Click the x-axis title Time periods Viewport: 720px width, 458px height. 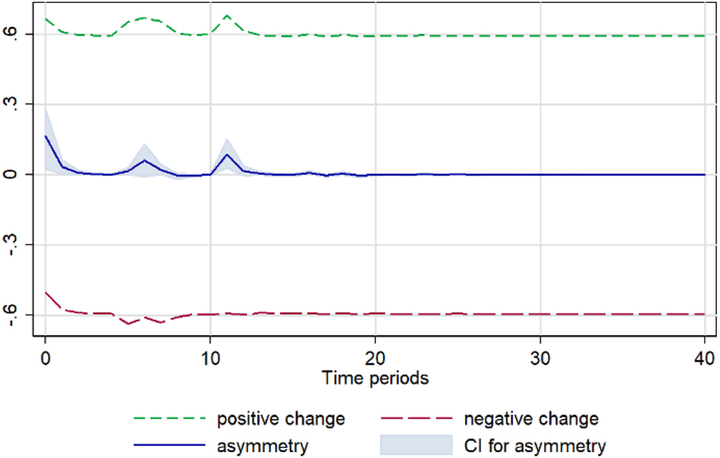[x=375, y=378]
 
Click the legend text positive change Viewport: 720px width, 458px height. [x=281, y=420]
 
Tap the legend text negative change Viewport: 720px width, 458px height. [x=531, y=420]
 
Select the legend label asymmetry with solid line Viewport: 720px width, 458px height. [x=262, y=446]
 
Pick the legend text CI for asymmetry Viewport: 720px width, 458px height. [x=535, y=446]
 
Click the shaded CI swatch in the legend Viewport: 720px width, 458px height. [x=415, y=445]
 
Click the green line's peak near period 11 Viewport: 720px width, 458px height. [x=227, y=15]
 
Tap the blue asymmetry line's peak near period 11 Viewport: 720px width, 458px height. [x=227, y=154]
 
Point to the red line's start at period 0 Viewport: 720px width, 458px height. [x=46, y=293]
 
